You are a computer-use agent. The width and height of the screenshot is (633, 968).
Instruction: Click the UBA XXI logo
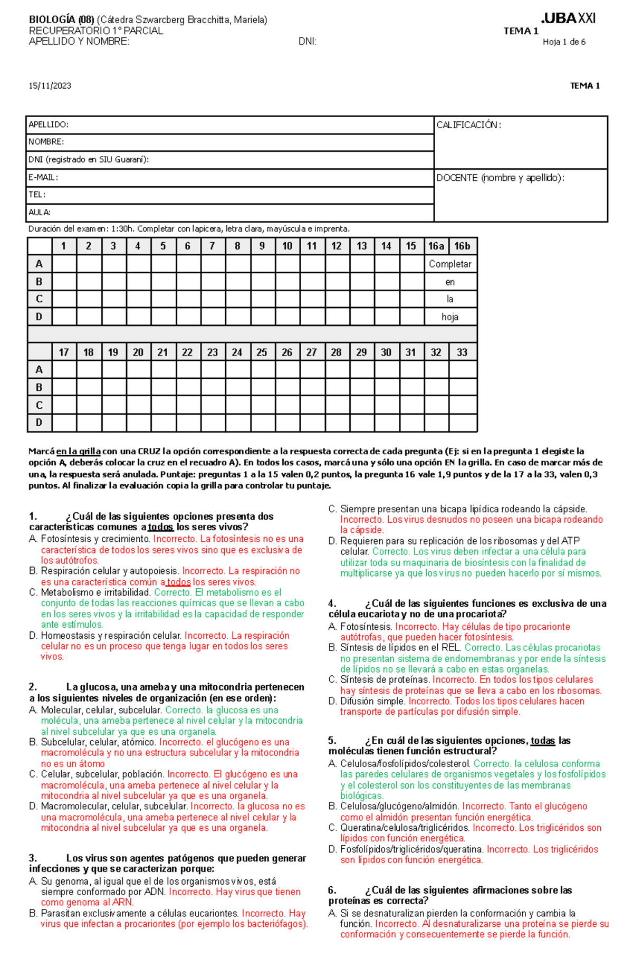click(x=568, y=18)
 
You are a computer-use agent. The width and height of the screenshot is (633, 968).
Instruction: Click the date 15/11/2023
click(x=50, y=86)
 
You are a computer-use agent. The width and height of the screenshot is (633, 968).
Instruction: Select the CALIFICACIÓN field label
click(x=468, y=125)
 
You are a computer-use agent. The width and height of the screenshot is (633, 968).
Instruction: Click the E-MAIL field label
click(x=43, y=178)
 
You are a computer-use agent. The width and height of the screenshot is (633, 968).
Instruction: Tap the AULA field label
click(x=40, y=213)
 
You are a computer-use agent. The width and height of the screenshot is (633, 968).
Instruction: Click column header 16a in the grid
click(x=436, y=246)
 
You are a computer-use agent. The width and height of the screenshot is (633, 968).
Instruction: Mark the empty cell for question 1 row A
click(x=64, y=264)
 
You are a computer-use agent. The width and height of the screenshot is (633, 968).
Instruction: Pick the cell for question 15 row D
click(x=411, y=317)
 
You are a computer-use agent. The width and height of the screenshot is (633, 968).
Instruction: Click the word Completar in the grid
click(x=450, y=264)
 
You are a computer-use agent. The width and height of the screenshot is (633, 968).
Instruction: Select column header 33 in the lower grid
click(x=462, y=352)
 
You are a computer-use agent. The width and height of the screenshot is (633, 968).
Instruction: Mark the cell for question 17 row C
click(x=64, y=405)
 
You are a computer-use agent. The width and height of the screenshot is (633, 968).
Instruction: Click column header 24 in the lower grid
click(x=237, y=352)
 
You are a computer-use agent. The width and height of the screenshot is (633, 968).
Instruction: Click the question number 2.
click(x=33, y=687)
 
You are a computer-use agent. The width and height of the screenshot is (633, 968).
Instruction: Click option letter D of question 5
click(x=332, y=849)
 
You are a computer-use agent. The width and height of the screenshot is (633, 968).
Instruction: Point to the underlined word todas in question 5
click(x=542, y=741)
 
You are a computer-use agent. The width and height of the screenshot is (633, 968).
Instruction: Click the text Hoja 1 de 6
click(x=564, y=42)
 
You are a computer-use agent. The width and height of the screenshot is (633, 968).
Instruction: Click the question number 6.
click(x=332, y=890)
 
